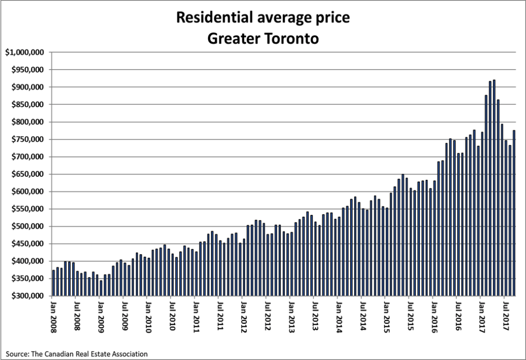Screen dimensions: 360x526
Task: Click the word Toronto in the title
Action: coord(288,38)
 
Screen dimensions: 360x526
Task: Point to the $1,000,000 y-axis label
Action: coord(25,52)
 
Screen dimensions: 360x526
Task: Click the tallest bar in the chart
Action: coord(494,188)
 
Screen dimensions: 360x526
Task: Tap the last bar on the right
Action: coord(514,213)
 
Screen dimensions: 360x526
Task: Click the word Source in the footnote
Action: coord(15,354)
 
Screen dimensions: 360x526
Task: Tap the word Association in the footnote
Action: coord(130,354)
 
